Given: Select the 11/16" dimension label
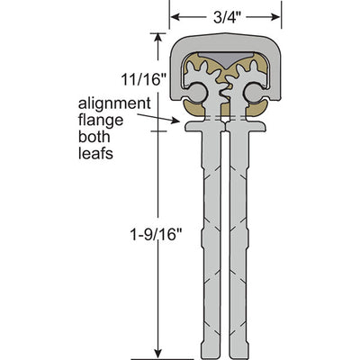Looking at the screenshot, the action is pos(143,79).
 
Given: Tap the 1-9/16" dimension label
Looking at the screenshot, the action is pos(156,234).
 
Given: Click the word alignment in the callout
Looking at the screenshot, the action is pos(114,103).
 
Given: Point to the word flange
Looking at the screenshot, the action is pos(101,120).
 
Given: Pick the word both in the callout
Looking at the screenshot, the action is pos(94,137).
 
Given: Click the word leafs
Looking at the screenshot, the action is pos(95,153).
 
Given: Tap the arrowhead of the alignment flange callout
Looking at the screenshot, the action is pos(175,121).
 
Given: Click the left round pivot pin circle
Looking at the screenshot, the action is pos(197,93).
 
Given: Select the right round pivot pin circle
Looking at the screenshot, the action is pos(253,93).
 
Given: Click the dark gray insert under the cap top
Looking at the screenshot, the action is pos(225,59).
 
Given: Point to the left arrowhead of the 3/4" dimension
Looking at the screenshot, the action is pos(175,17).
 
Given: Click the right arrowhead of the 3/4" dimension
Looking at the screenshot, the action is pos(275,17).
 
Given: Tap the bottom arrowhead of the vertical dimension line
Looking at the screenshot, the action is pos(158,353).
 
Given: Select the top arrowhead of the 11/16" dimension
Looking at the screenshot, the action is pos(158,38).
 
